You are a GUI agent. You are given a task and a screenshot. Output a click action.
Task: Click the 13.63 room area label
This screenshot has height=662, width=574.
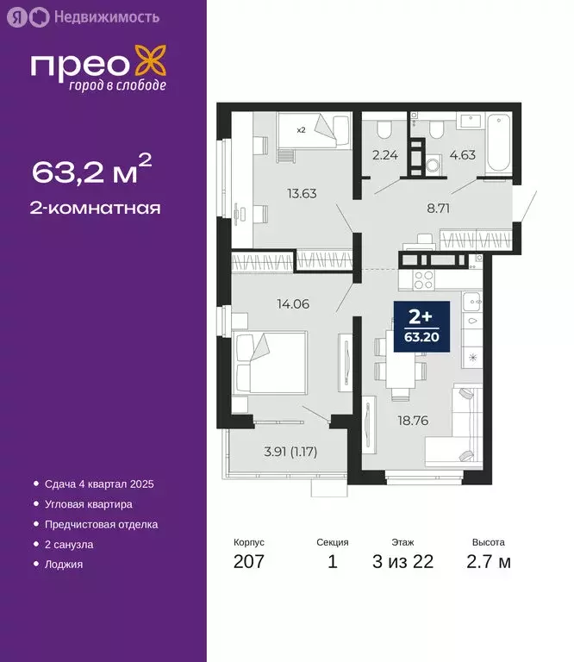[x=303, y=193]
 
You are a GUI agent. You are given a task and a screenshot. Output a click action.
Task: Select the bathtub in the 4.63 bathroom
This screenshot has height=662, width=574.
[x=500, y=142]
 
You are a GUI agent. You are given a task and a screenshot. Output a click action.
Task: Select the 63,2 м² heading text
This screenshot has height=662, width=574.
[x=92, y=172]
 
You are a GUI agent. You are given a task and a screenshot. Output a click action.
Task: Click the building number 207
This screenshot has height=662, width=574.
[x=249, y=563]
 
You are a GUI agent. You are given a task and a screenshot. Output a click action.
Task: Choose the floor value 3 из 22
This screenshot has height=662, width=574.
[x=402, y=563]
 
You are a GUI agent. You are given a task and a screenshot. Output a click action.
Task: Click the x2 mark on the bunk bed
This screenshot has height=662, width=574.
[x=301, y=130]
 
